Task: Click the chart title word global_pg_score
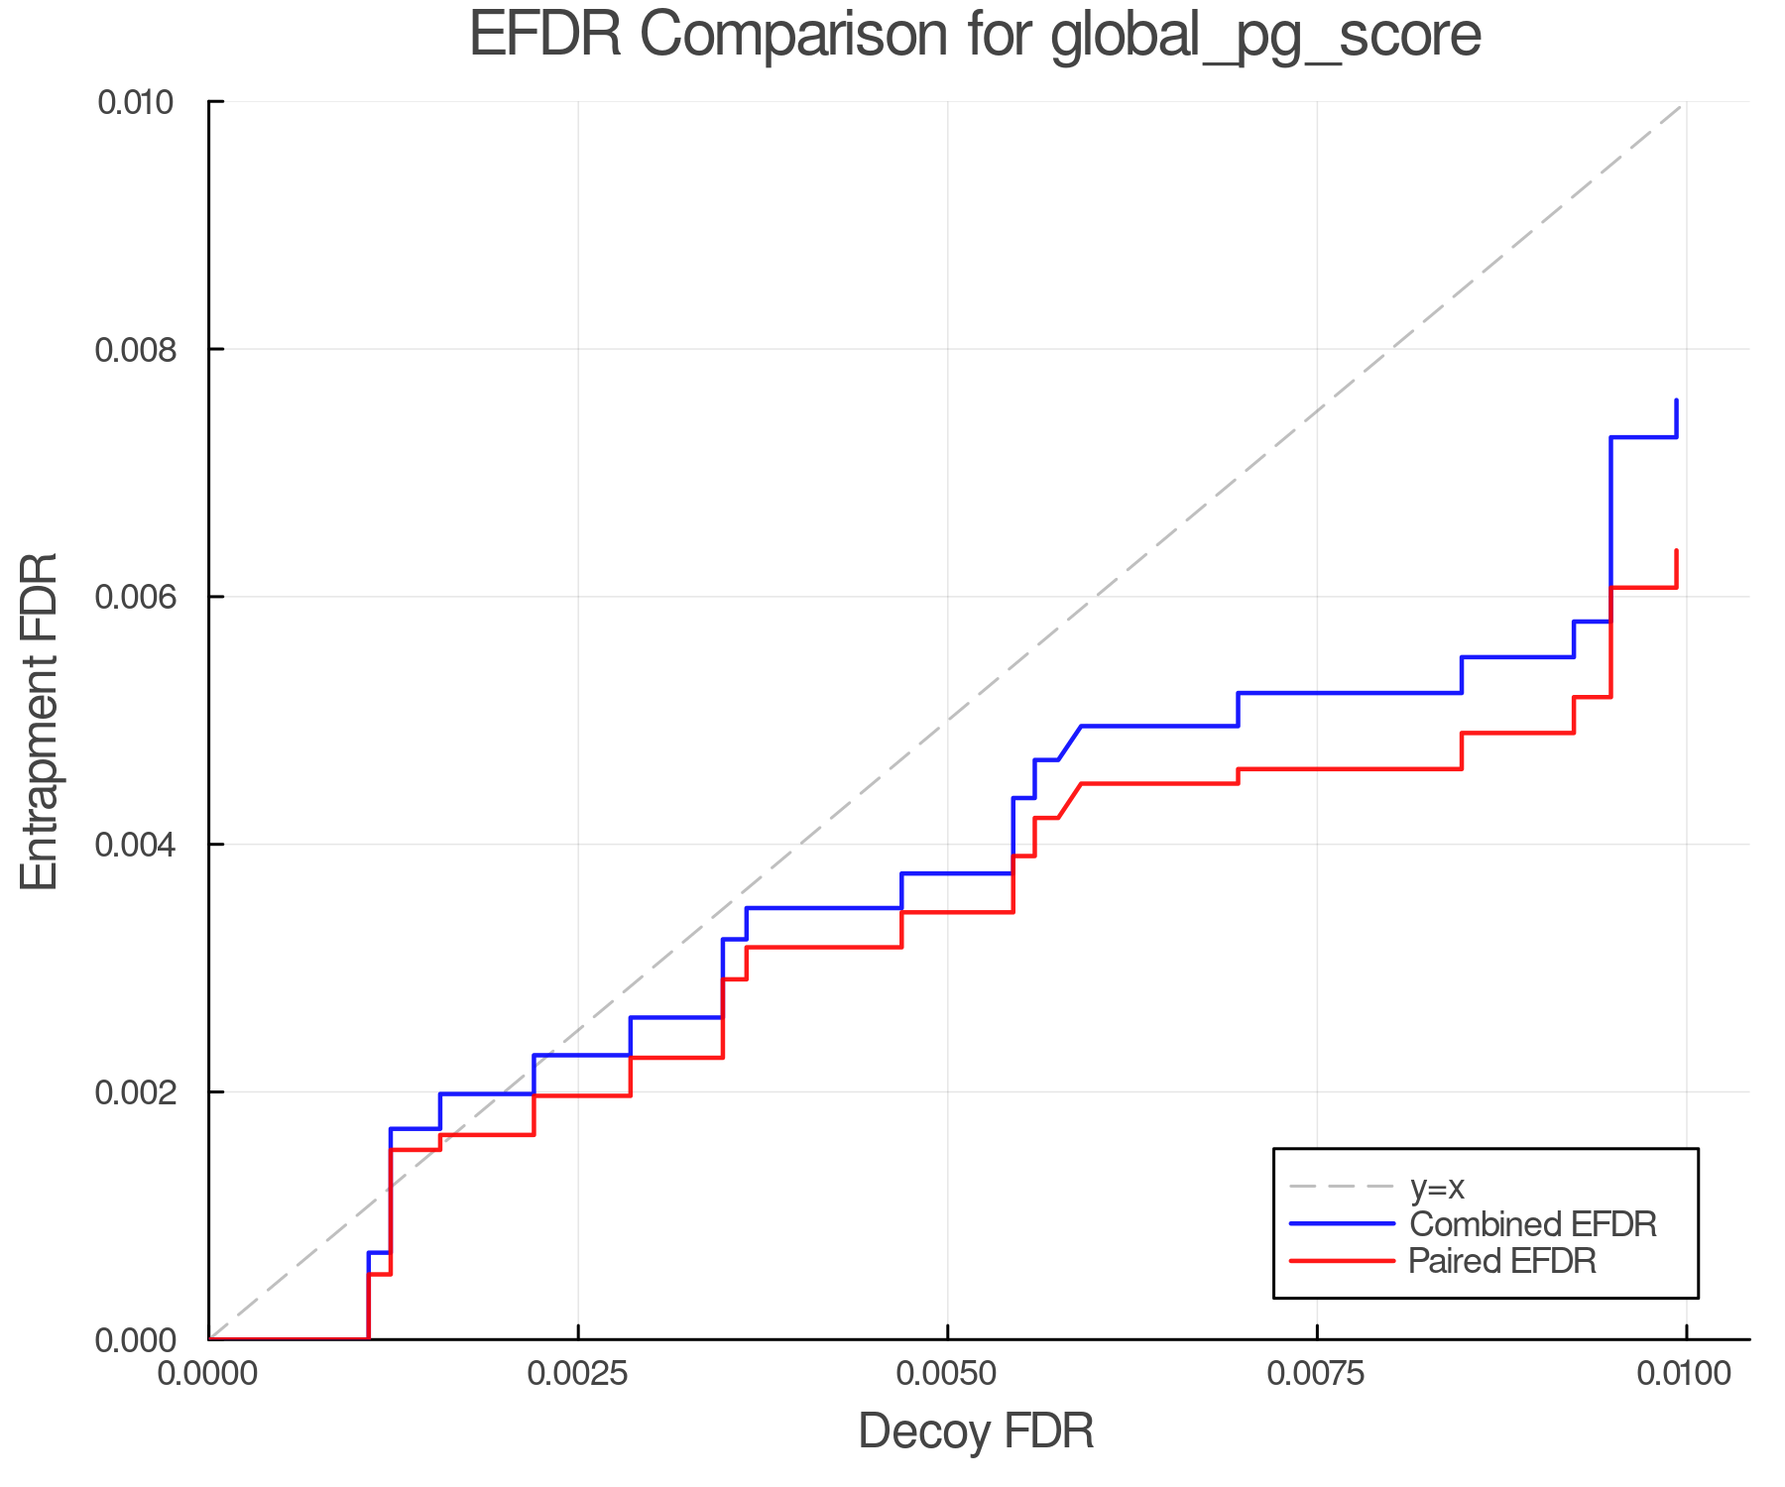[x=1265, y=36]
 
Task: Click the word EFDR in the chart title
[x=544, y=36]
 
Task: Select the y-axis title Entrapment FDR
[x=40, y=721]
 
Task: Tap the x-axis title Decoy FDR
[x=976, y=1430]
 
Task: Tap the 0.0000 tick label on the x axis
[x=208, y=1374]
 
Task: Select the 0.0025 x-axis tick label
[x=578, y=1374]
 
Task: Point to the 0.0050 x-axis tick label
[x=948, y=1374]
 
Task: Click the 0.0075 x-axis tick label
[x=1317, y=1374]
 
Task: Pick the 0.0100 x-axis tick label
[x=1685, y=1374]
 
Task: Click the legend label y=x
[x=1437, y=1187]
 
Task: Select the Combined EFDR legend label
[x=1532, y=1224]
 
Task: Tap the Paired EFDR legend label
[x=1502, y=1261]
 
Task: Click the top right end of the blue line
[x=1676, y=400]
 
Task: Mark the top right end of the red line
[x=1676, y=551]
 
